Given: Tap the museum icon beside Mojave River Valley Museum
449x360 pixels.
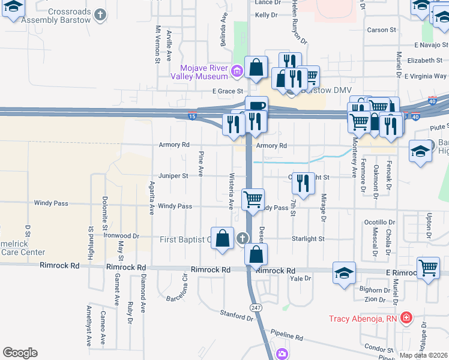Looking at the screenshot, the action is coord(237,72).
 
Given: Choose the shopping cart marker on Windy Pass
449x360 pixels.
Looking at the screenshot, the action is coord(253,199).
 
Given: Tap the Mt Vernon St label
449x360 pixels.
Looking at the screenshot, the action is coord(158,44).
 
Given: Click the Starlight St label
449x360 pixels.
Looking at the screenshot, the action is coord(308,238).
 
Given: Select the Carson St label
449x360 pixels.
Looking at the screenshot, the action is coord(381,29).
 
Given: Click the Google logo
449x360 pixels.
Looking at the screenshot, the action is coord(20,353).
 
